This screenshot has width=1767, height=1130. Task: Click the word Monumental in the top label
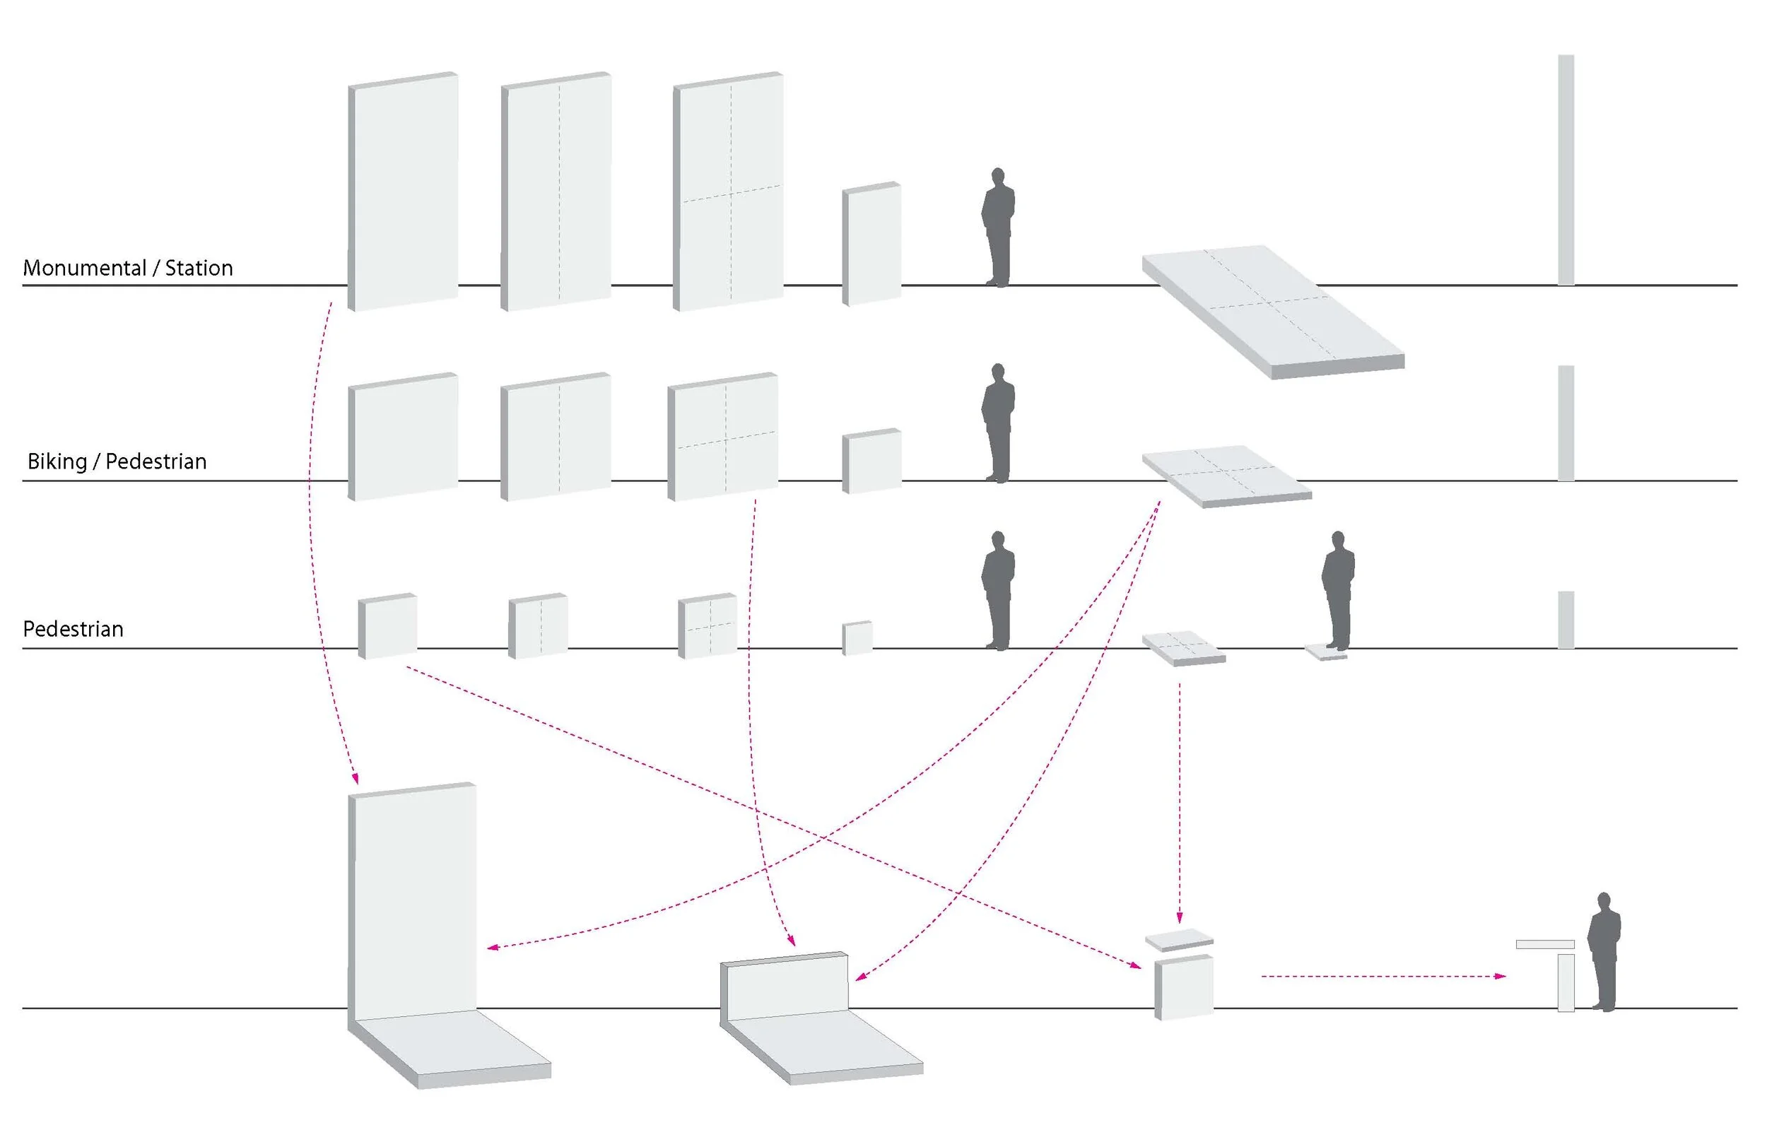pos(84,268)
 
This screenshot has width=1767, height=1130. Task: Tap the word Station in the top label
pos(199,268)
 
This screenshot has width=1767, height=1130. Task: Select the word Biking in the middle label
pos(57,462)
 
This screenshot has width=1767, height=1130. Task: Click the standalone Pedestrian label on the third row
pos(74,630)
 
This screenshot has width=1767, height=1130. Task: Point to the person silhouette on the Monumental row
pos(998,227)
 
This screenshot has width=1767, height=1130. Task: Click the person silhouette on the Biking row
pos(998,423)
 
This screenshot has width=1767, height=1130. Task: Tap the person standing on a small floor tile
pos(1338,591)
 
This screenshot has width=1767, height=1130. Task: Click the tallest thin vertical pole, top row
pos(1566,170)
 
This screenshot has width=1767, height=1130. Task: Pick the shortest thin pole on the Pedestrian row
pos(1566,620)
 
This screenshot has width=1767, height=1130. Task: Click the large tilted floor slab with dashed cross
pos(1273,312)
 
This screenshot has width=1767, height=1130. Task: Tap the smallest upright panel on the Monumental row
pos(871,244)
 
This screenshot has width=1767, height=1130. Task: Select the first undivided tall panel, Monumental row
pos(403,192)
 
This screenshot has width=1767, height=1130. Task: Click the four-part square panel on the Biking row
pos(722,437)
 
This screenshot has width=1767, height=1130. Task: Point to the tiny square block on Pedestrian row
pos(857,637)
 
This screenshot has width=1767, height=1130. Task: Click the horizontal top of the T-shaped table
pos(1545,944)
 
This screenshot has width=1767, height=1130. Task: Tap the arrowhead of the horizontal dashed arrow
pos(1501,976)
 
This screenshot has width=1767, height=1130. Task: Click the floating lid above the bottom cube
pos(1179,941)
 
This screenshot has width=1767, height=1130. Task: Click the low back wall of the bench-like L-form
pos(784,985)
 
